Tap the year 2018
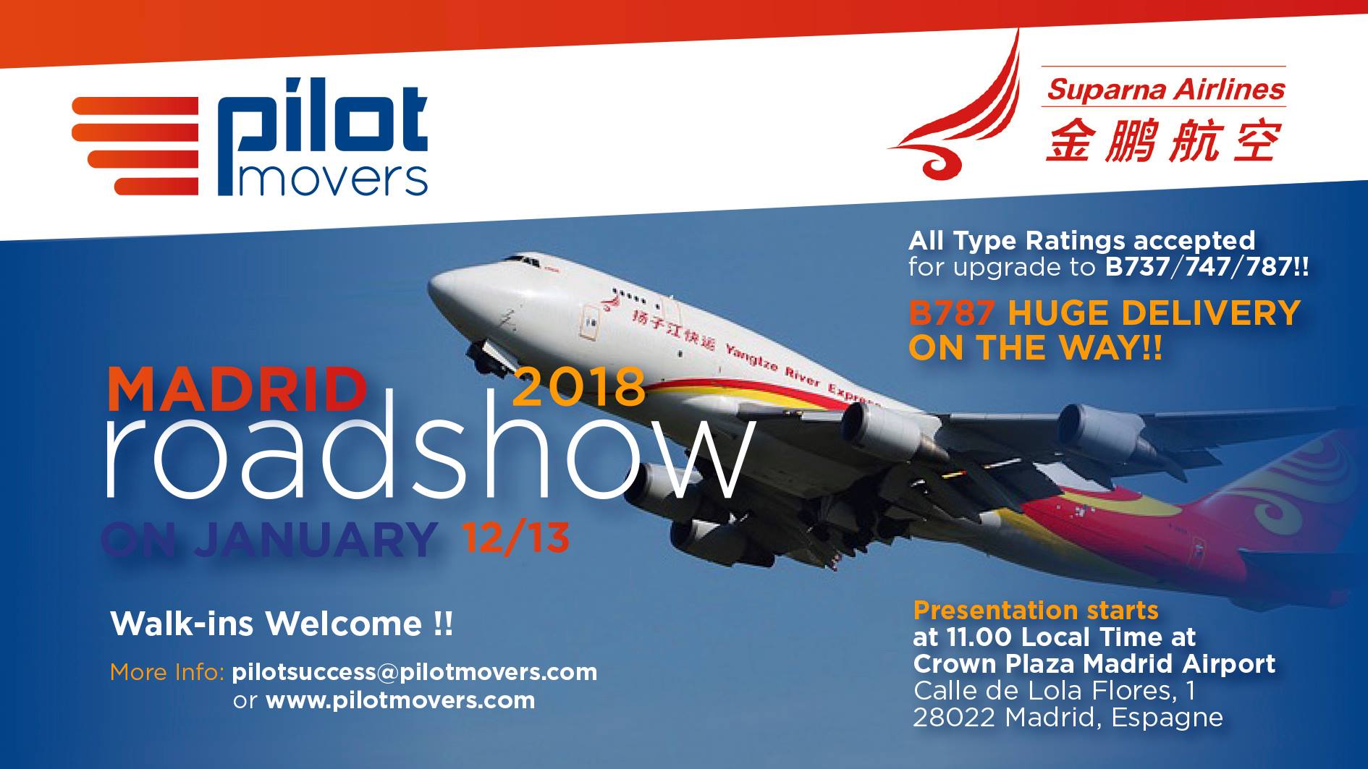coord(578,386)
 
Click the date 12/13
coord(515,538)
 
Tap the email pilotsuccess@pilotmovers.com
coord(415,672)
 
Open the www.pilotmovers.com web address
coord(400,700)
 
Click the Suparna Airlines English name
coord(1165,90)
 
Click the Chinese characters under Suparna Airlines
coord(1163,140)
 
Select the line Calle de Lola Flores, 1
coord(1054,690)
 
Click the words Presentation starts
coord(1036,611)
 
